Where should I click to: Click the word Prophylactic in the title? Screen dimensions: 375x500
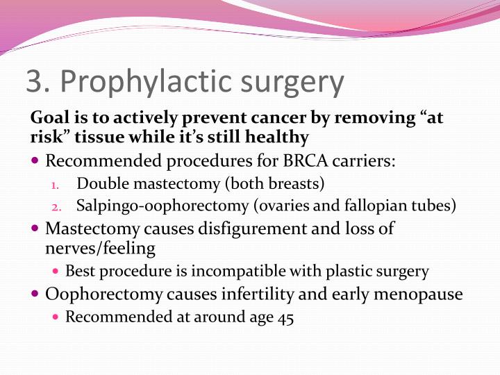point(140,83)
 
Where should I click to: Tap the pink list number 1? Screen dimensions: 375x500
point(56,185)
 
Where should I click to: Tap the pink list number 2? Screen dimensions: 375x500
point(57,206)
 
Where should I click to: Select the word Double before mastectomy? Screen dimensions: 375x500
point(100,184)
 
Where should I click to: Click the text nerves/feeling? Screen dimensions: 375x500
point(100,247)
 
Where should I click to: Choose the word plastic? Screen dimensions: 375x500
point(339,272)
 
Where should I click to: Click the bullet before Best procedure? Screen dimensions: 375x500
point(57,272)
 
